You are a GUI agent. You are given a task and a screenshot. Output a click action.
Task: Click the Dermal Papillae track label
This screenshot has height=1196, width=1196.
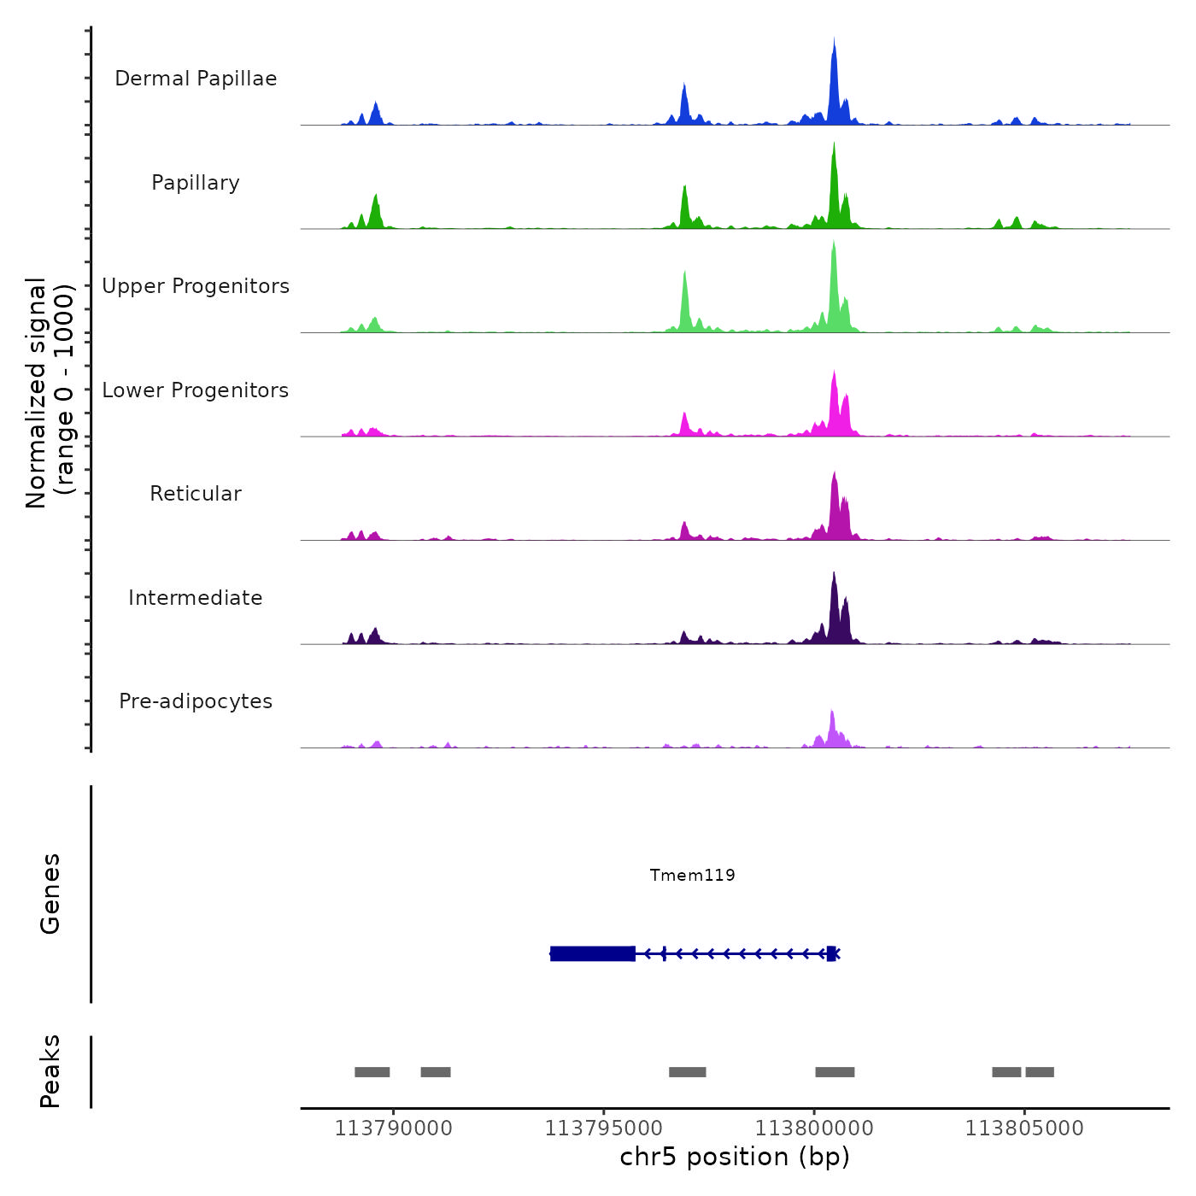[196, 79]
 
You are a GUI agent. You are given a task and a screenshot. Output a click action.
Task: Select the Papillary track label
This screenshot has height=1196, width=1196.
[196, 183]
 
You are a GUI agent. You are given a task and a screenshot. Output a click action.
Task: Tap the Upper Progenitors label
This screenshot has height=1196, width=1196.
[196, 286]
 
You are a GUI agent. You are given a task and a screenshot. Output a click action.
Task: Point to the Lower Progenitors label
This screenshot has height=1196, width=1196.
[196, 390]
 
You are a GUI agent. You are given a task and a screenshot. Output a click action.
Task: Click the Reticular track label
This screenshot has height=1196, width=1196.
[196, 494]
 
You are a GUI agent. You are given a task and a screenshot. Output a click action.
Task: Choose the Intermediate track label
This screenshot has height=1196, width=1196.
[196, 598]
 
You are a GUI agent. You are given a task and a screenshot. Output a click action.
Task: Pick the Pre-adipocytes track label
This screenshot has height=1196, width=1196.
[196, 701]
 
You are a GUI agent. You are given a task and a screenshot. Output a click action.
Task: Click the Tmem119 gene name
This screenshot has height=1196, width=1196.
[692, 875]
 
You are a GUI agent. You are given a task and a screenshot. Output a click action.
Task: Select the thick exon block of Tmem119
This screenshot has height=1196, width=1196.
[593, 953]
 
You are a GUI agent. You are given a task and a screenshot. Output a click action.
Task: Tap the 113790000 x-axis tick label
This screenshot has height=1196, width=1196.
[394, 1129]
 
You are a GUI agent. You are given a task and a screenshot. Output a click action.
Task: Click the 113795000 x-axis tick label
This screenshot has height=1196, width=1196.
[604, 1129]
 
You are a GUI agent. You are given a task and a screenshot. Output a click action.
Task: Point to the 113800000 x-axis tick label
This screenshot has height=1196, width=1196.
[814, 1129]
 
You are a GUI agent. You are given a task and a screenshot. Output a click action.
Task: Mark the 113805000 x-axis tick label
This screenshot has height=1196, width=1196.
[1024, 1129]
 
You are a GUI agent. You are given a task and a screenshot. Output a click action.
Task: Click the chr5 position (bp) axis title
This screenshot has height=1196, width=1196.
[735, 1157]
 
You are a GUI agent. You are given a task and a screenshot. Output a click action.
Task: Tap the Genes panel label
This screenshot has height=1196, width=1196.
[50, 894]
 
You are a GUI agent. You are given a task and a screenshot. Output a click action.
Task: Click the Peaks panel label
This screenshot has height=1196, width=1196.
[50, 1071]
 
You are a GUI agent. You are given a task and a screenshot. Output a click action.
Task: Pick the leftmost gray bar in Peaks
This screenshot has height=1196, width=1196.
[372, 1072]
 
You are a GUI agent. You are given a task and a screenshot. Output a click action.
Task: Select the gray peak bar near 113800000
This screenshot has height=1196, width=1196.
[835, 1072]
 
